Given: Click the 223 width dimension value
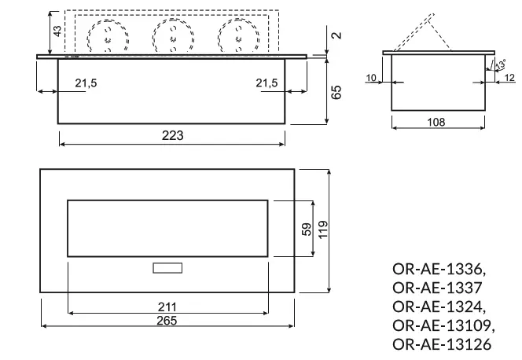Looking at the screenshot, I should click(x=173, y=135).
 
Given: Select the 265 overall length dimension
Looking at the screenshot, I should click(x=166, y=320).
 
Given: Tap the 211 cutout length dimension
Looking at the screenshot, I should click(x=166, y=307).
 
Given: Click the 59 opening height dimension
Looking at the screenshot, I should click(x=307, y=229).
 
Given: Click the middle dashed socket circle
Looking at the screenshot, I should click(x=169, y=35).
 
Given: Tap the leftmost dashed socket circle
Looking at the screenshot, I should click(x=103, y=35).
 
